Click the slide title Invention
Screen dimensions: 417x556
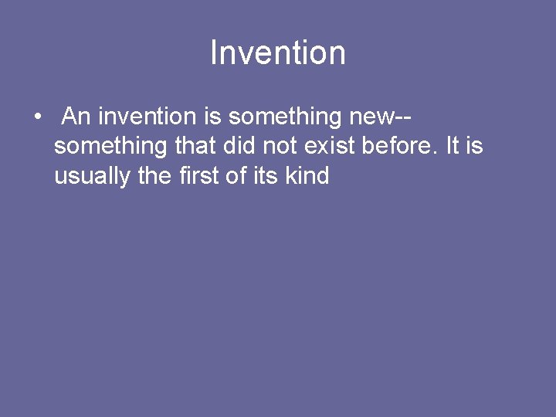[278, 53]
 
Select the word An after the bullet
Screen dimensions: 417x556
[76, 117]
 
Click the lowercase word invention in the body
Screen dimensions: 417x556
[147, 117]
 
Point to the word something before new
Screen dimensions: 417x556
[284, 117]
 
